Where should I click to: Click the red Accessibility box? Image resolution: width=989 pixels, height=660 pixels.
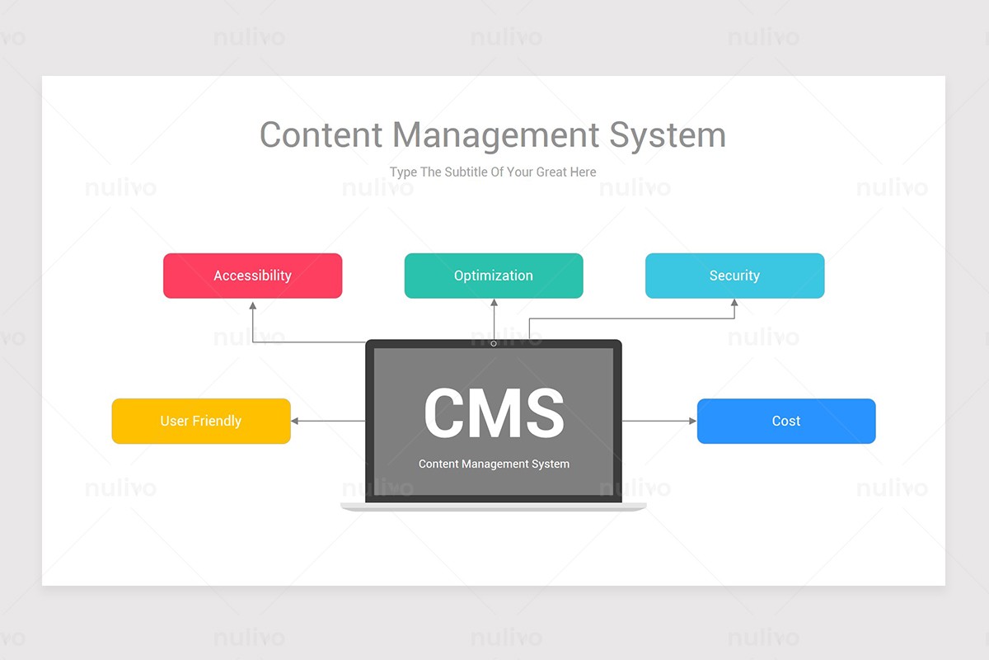click(252, 276)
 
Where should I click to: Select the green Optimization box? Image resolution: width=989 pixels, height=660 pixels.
click(494, 276)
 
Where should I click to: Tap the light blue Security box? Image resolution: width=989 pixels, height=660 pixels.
click(734, 276)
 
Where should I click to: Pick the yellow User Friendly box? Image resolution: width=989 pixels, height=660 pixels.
click(201, 421)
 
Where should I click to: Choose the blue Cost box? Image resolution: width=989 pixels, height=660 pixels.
click(786, 421)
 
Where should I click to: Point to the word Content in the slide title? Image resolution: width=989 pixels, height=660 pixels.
click(321, 134)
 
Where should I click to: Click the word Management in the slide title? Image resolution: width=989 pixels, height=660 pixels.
click(495, 134)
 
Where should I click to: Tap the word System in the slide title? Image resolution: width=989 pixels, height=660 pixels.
click(668, 134)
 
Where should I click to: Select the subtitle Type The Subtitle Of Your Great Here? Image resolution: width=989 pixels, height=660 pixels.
click(493, 172)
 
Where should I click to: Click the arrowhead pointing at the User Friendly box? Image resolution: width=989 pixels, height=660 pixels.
click(295, 421)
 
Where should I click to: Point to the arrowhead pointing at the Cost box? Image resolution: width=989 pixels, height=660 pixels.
click(692, 421)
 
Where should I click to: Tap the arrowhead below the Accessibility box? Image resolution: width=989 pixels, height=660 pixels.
click(252, 304)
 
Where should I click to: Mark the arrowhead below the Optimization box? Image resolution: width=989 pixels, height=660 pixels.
click(494, 304)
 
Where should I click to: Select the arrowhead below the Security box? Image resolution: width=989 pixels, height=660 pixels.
click(734, 304)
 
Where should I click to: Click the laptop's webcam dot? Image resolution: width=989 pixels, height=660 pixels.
click(494, 343)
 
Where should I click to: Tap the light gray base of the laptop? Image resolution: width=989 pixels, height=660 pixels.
click(494, 507)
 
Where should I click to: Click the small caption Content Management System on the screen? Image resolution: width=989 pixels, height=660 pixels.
click(494, 464)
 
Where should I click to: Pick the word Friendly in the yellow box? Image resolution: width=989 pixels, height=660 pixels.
click(217, 421)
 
